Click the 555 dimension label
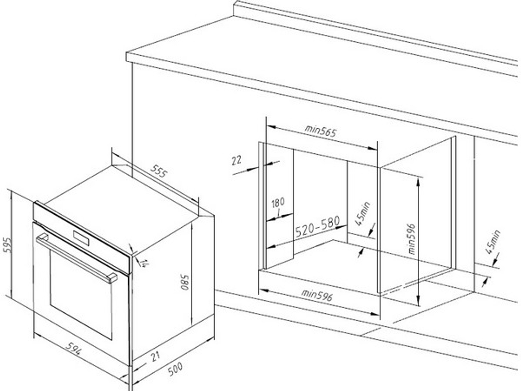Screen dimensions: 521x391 tap(159, 171)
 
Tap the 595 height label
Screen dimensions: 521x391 tap(7, 245)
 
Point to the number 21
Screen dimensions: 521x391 tap(155, 357)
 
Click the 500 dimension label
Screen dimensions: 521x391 tap(175, 369)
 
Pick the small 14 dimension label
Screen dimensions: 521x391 tap(144, 263)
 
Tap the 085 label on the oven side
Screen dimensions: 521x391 tap(185, 282)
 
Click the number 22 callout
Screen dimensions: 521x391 tap(236, 161)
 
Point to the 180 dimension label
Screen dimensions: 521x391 tap(278, 202)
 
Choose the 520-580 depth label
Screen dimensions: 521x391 tap(318, 226)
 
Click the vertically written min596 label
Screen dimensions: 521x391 tap(412, 239)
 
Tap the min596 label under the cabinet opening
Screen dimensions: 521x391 tap(317, 295)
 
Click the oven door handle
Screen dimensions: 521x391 tap(77, 258)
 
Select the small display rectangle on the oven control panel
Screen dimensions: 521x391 tap(81, 238)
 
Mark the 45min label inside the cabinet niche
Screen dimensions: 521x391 tap(362, 213)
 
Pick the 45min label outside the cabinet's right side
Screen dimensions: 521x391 tap(492, 242)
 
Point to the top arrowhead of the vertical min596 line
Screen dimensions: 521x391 tap(419, 180)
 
